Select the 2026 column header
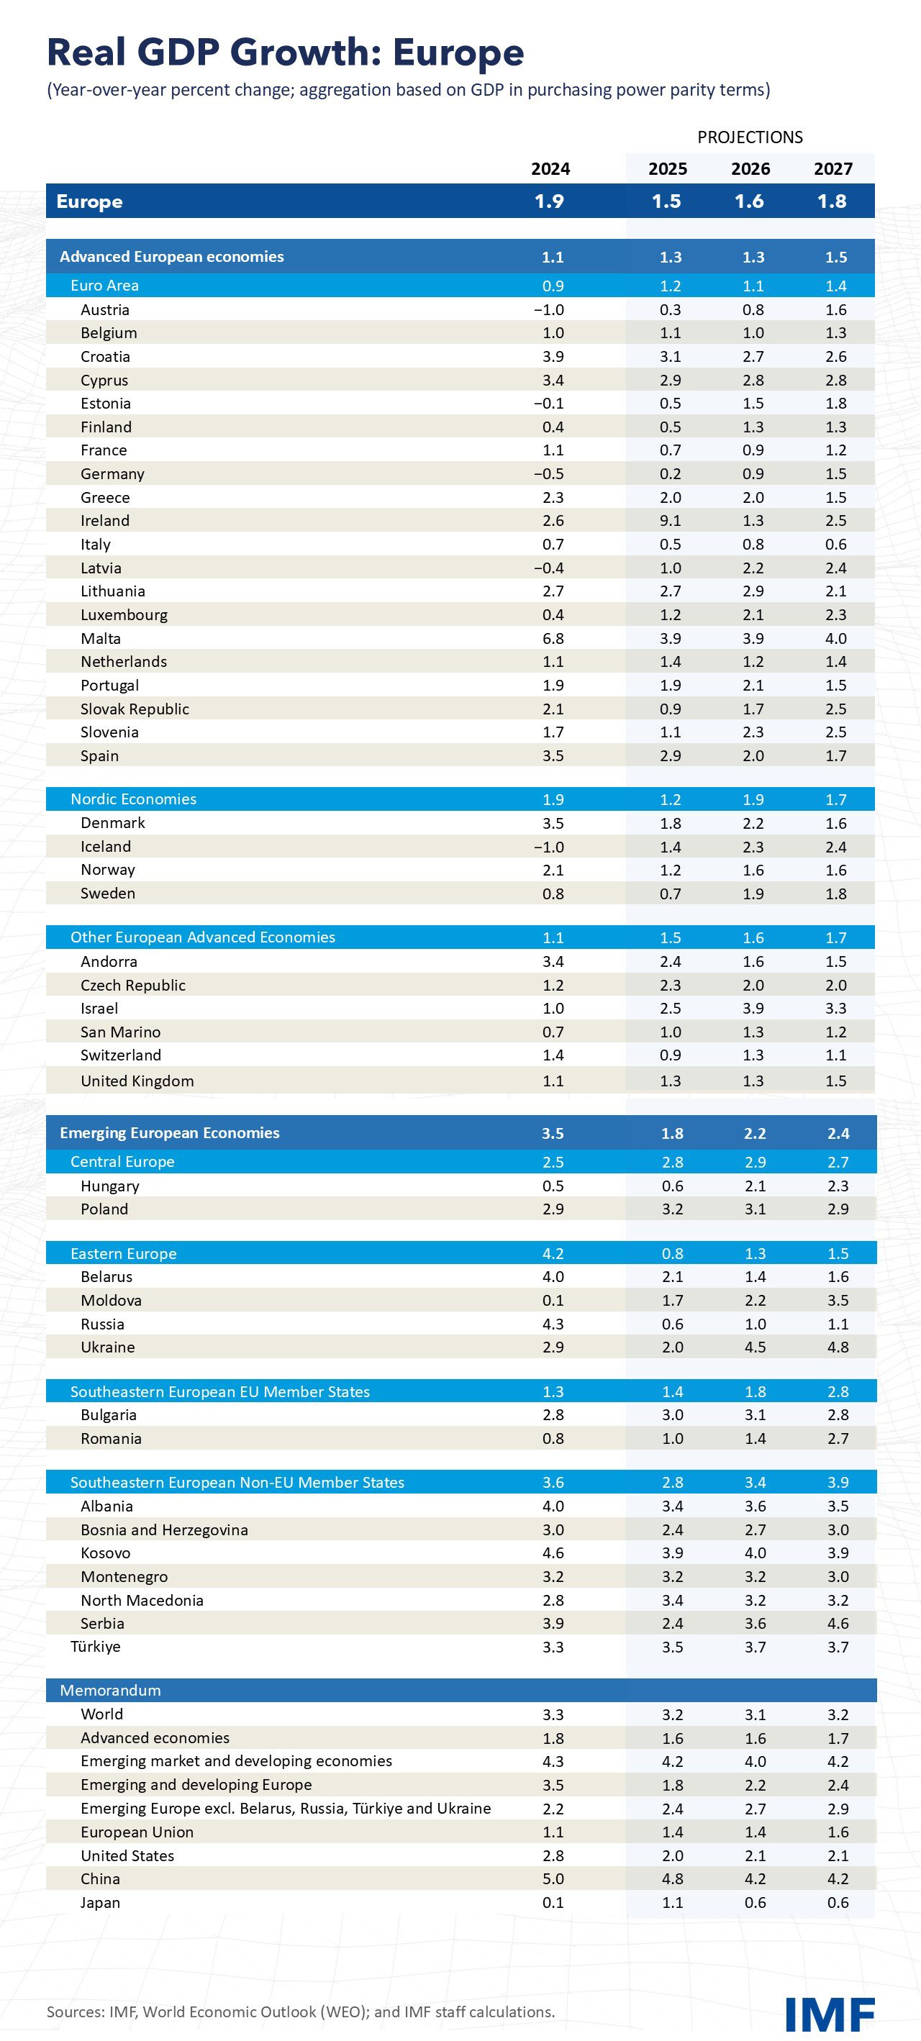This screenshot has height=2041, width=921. [750, 169]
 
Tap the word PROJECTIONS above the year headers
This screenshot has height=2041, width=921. [749, 137]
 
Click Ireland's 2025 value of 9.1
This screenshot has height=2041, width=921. [670, 521]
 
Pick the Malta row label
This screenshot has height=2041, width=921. [101, 639]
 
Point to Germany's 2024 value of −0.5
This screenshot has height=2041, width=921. [548, 474]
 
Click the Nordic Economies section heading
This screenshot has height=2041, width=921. [133, 799]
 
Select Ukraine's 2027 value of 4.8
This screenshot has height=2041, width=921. [837, 1347]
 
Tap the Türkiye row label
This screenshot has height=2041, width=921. [95, 1647]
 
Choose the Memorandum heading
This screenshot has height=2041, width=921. [110, 1690]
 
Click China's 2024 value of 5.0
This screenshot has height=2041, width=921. [553, 1878]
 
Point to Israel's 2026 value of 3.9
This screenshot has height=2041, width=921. [753, 1009]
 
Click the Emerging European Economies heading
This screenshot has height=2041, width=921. [169, 1132]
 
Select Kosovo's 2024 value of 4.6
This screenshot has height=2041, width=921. [553, 1553]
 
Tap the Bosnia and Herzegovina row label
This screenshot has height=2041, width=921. [164, 1529]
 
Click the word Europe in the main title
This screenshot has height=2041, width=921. [458, 53]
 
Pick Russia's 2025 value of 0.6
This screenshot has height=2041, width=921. [671, 1324]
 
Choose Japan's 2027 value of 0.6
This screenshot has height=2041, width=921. [837, 1902]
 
